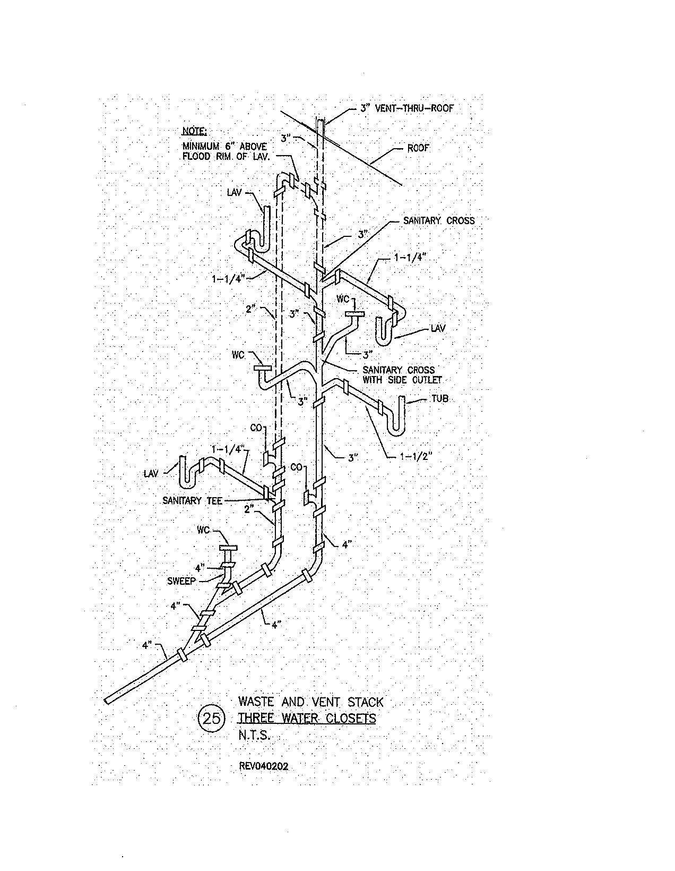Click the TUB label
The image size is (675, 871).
439,398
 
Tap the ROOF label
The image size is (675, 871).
418,148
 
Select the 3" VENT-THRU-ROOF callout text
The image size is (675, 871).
407,108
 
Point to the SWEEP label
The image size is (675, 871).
182,581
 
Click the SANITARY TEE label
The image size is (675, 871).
193,500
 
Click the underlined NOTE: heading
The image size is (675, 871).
195,131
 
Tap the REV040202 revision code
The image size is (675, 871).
264,766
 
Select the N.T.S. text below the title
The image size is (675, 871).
255,736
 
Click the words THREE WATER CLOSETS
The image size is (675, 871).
307,719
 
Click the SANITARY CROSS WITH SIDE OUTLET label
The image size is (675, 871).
402,375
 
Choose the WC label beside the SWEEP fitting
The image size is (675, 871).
205,530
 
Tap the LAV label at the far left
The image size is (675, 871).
151,473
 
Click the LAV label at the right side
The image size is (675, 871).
438,329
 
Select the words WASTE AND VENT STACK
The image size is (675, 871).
310,702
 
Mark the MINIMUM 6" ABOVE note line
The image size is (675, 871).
224,146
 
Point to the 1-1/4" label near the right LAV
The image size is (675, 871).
409,258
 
